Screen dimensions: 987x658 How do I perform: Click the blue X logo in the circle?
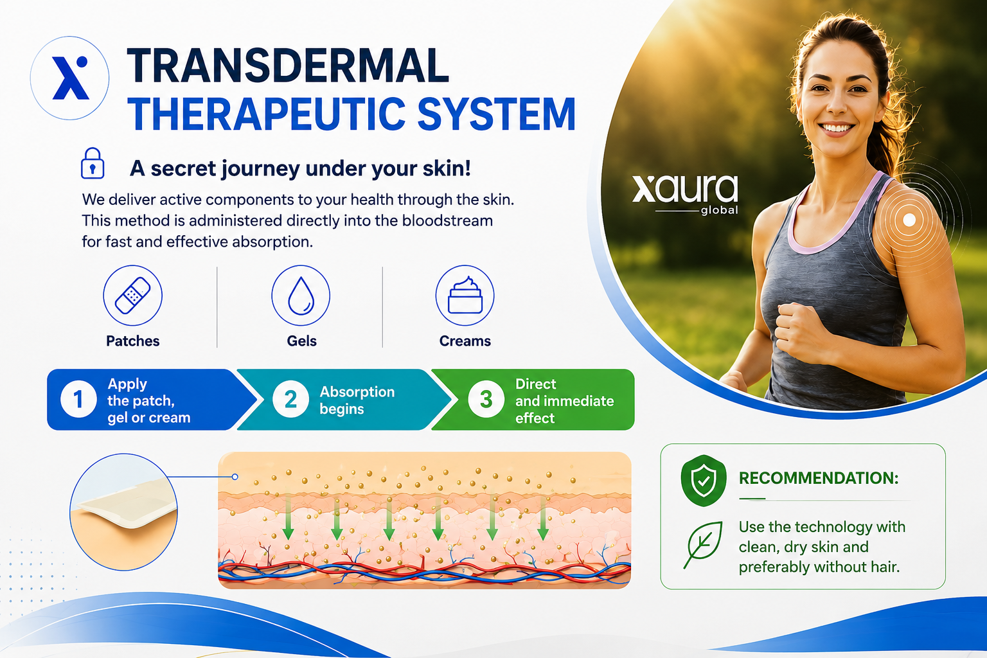[x=71, y=78]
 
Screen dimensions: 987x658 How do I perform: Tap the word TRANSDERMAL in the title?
[x=288, y=66]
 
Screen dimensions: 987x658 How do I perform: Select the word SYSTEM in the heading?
[x=496, y=114]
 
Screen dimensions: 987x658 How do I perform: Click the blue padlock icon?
[x=93, y=163]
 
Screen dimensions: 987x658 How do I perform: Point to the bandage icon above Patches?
[x=132, y=296]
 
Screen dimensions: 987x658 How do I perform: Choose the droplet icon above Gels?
[x=301, y=296]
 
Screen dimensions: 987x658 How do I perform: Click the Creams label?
[x=465, y=341]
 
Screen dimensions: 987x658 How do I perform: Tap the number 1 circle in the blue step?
[x=78, y=399]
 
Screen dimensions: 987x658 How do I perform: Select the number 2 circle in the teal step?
[x=290, y=399]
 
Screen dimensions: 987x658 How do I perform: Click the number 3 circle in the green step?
[x=486, y=399]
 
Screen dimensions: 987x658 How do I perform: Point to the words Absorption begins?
[x=357, y=400]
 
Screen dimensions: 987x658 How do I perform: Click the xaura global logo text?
[x=685, y=194]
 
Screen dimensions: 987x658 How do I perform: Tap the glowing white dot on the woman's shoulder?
[x=909, y=220]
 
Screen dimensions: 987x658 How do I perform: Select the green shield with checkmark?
[x=704, y=481]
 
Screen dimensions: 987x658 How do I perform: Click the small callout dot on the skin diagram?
[x=235, y=477]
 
